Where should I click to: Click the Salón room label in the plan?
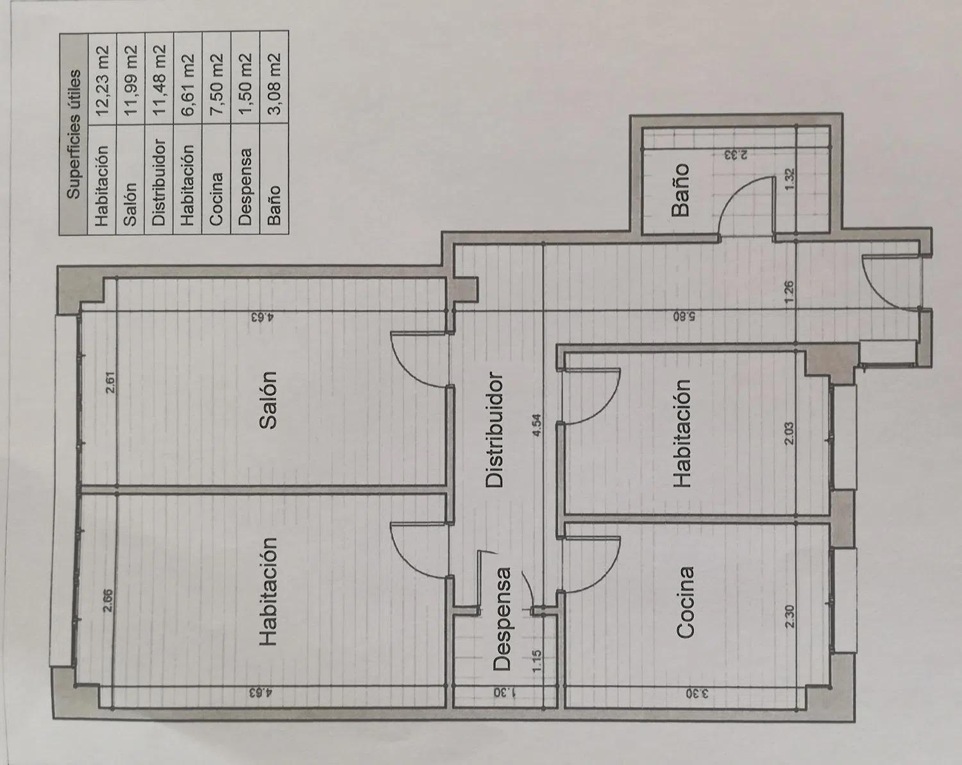pyautogui.click(x=268, y=400)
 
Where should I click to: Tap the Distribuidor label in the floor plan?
pyautogui.click(x=494, y=429)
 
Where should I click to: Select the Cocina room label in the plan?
pyautogui.click(x=685, y=603)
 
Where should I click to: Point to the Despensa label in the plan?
pyautogui.click(x=502, y=619)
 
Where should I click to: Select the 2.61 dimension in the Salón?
pyautogui.click(x=110, y=383)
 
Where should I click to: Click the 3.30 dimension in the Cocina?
pyautogui.click(x=698, y=694)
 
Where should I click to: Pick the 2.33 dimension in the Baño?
pyautogui.click(x=736, y=155)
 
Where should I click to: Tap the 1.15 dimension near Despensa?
pyautogui.click(x=537, y=660)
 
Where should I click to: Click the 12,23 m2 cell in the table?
pyautogui.click(x=102, y=80)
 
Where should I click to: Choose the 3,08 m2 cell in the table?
pyautogui.click(x=274, y=83)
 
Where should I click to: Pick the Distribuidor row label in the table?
pyautogui.click(x=158, y=182)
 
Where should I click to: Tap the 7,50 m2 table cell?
pyautogui.click(x=216, y=83)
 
